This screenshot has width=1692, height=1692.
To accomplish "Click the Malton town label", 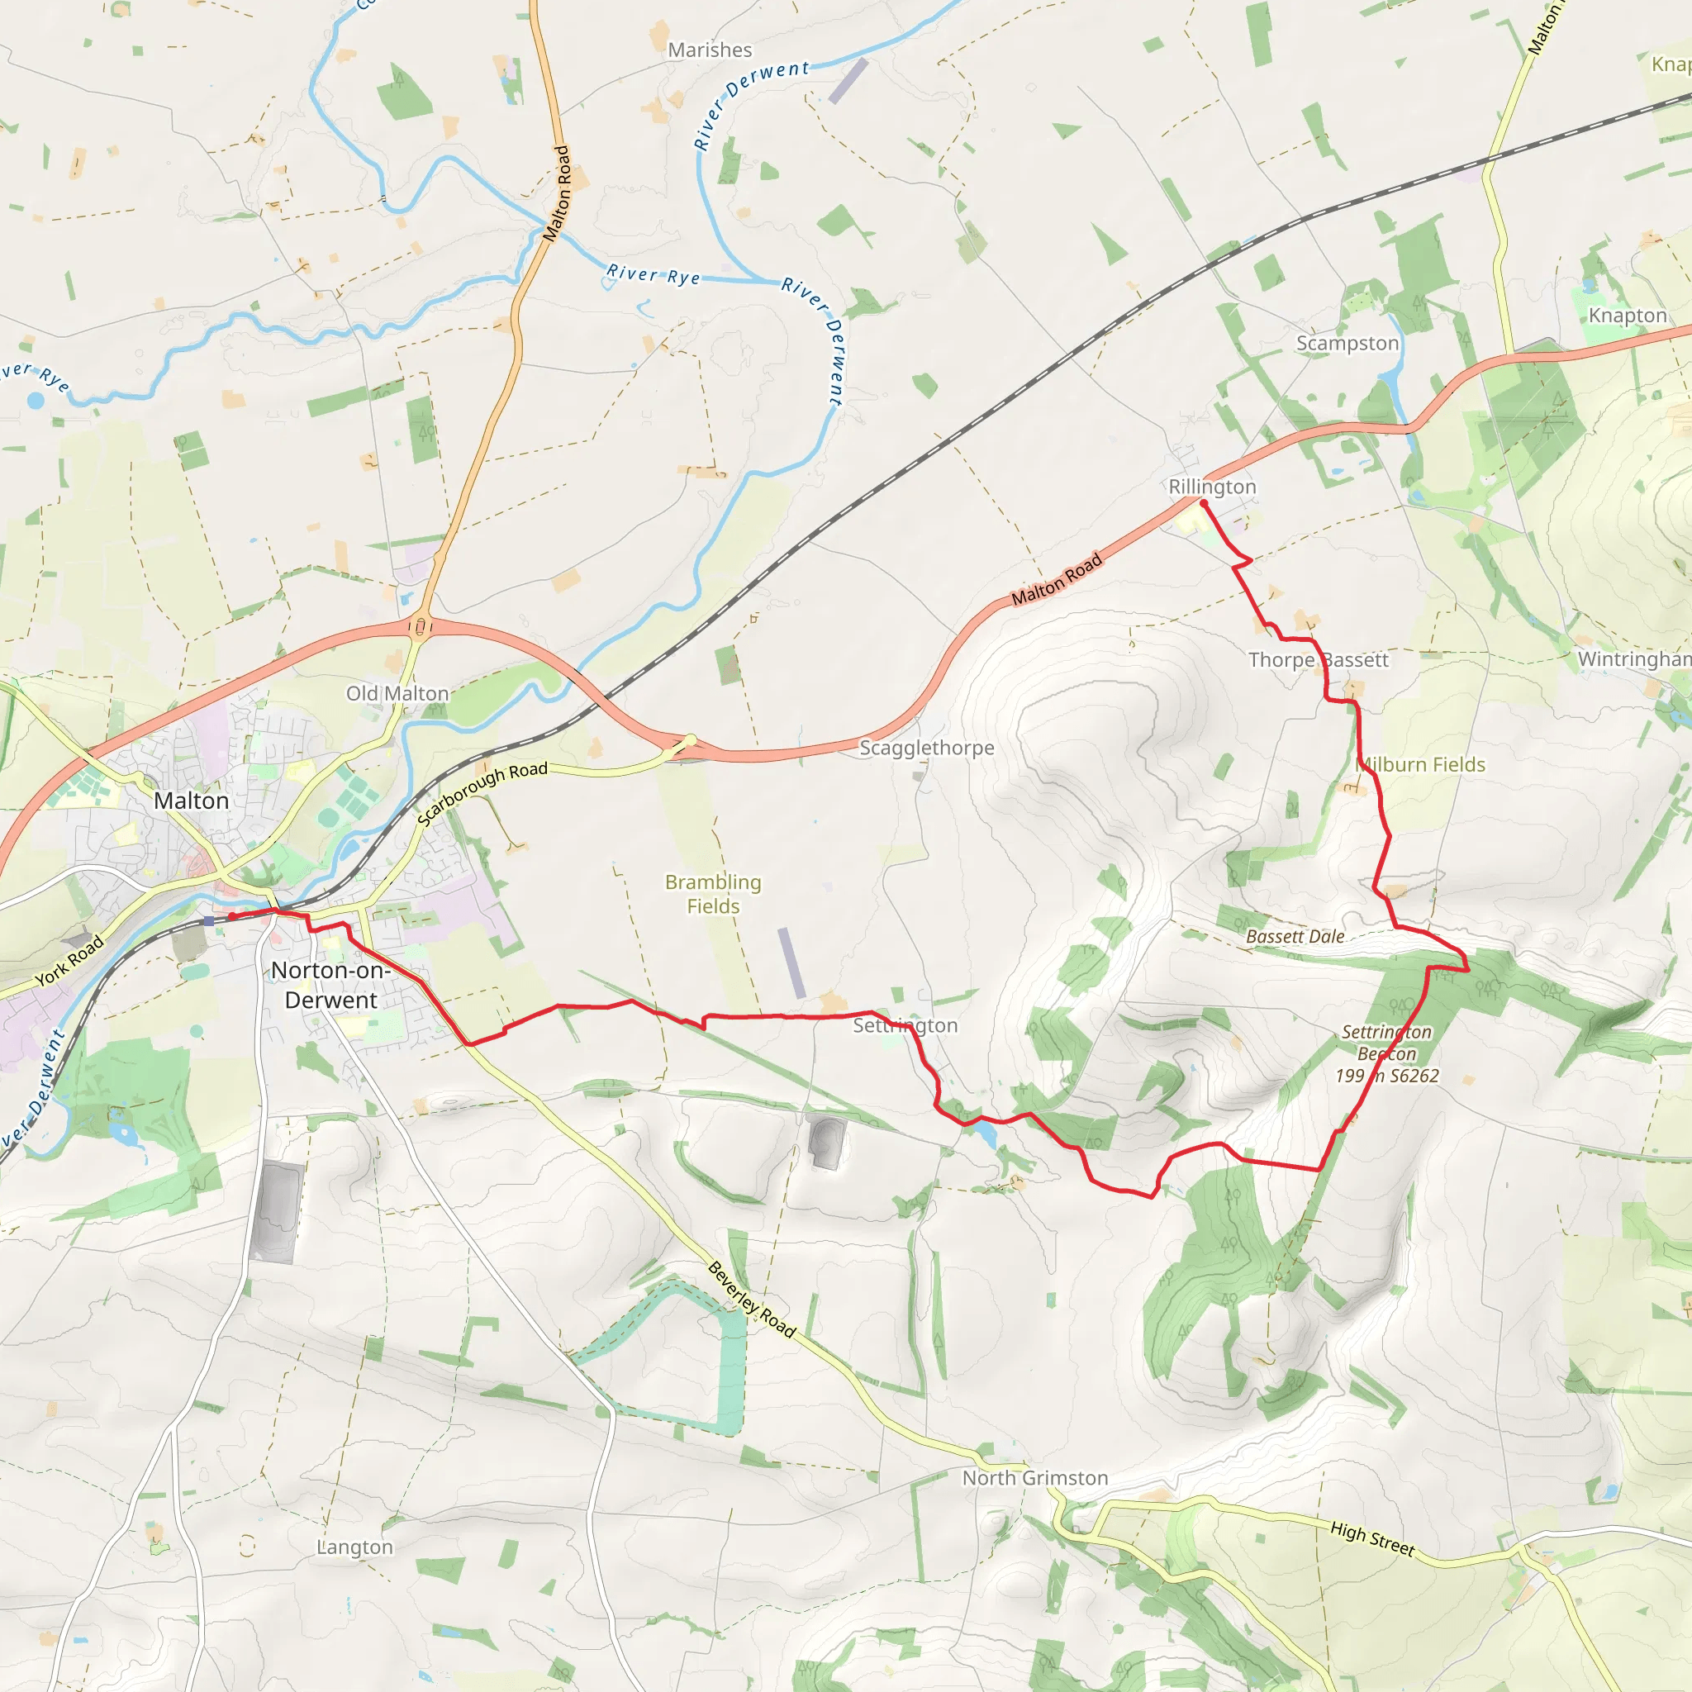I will click(191, 801).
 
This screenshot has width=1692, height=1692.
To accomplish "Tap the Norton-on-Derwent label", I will click(330, 986).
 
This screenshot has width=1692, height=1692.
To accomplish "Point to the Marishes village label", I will click(710, 50).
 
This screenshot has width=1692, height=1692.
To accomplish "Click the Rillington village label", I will click(1212, 486).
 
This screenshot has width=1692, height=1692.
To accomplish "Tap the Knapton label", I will click(1628, 316).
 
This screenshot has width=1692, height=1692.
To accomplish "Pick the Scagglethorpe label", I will click(927, 747).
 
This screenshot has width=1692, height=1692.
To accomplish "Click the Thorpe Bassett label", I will click(1318, 659).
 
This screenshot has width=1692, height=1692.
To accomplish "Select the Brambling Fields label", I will click(713, 893).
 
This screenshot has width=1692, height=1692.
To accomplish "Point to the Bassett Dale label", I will click(1295, 936).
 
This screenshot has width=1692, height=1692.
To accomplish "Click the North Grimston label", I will click(1034, 1477).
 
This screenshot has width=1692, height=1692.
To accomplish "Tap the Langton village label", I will click(354, 1547).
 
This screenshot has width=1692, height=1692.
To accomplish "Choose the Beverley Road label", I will click(752, 1300).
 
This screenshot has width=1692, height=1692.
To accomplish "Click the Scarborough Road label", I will click(482, 792).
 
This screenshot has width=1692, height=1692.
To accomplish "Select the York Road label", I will click(69, 961).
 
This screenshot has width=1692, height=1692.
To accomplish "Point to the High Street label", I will click(1371, 1538).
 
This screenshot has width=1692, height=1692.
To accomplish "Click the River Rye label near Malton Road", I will click(654, 275).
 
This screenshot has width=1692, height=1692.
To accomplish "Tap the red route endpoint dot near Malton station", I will click(232, 916).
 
